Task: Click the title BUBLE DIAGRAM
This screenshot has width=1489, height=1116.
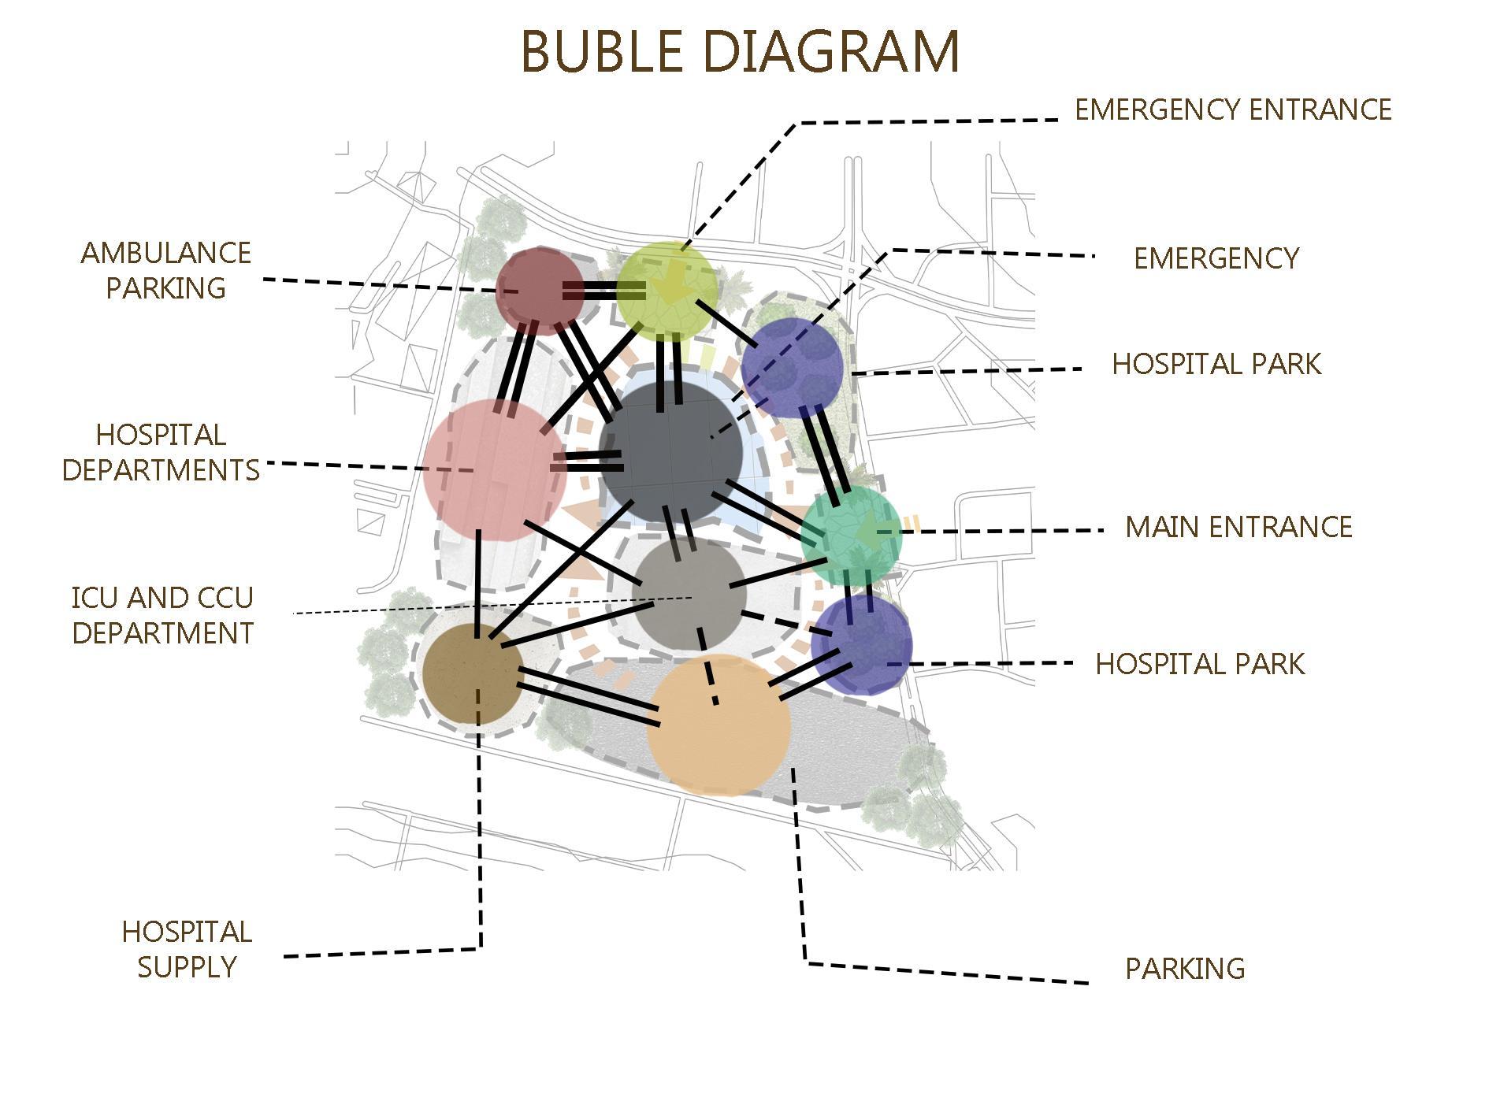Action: [740, 52]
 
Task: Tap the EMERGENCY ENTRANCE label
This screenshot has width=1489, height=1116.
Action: [1233, 110]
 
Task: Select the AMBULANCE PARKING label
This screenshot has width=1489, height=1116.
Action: [165, 270]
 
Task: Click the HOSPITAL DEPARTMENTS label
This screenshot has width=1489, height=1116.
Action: [161, 452]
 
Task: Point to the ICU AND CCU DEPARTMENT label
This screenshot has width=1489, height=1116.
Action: [162, 615]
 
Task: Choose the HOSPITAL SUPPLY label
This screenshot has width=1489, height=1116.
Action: [187, 949]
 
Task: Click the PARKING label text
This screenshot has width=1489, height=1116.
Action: [1184, 969]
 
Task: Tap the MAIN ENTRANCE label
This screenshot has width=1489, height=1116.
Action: [1238, 527]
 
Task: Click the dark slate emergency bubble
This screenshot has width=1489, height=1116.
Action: [670, 451]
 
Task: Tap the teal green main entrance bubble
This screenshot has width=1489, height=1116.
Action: [851, 536]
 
